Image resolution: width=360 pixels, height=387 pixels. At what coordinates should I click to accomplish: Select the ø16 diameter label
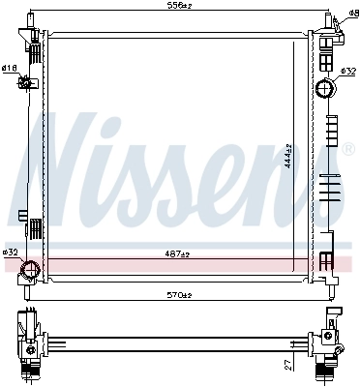click(8, 68)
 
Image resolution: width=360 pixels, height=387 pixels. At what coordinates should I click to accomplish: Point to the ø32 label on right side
click(349, 71)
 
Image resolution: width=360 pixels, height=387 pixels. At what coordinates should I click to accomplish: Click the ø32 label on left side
click(10, 253)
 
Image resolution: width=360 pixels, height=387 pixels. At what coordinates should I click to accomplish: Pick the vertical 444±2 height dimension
click(287, 153)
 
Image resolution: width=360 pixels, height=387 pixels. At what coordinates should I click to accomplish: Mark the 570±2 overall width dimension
click(179, 295)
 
